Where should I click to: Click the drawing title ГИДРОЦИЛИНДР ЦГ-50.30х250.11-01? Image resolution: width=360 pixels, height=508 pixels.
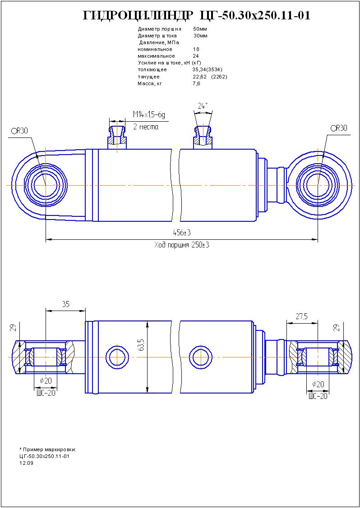(197, 16)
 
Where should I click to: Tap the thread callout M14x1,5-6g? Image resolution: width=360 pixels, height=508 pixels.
(149, 115)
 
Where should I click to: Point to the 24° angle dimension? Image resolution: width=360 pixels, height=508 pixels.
(203, 106)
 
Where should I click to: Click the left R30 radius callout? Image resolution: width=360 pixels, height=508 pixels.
(20, 131)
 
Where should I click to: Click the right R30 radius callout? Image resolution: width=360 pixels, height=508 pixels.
(339, 128)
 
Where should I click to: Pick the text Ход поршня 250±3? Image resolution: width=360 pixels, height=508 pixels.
(182, 245)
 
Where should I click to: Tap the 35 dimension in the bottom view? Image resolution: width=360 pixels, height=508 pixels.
(65, 304)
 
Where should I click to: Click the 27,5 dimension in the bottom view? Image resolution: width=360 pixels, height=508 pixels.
(302, 316)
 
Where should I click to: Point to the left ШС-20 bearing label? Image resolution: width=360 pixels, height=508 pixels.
(46, 393)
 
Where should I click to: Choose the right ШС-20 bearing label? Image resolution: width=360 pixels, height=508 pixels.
(318, 396)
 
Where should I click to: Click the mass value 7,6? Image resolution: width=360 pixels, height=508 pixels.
(196, 84)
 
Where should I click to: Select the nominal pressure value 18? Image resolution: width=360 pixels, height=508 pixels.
(196, 49)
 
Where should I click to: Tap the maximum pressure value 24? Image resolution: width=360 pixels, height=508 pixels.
(196, 56)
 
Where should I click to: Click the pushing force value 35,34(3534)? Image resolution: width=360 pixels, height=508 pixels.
(207, 70)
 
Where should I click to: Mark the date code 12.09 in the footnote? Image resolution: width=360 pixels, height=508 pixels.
(26, 463)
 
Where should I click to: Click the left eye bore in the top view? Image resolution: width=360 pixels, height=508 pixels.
(46, 185)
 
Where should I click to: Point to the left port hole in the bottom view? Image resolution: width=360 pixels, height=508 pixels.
(117, 357)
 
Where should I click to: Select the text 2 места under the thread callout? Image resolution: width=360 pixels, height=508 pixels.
(146, 127)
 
